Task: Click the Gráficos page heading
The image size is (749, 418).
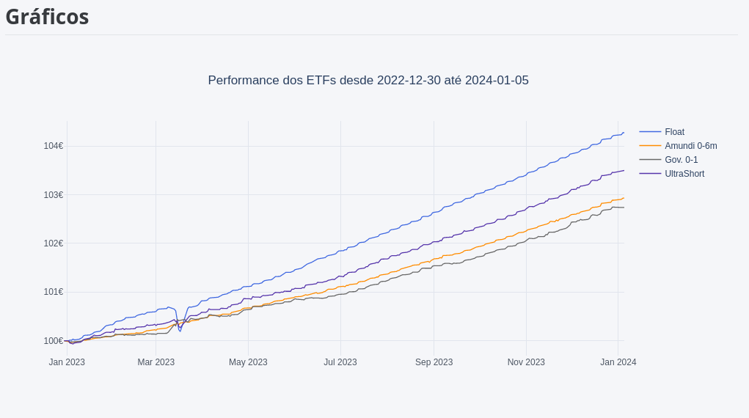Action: pyautogui.click(x=47, y=16)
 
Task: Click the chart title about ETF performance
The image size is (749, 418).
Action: pyautogui.click(x=368, y=81)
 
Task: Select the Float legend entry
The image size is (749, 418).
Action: pyautogui.click(x=674, y=132)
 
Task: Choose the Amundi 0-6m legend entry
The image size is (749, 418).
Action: pyautogui.click(x=690, y=146)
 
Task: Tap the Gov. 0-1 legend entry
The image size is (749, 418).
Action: pyautogui.click(x=681, y=160)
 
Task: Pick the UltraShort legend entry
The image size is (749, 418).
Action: pyautogui.click(x=684, y=174)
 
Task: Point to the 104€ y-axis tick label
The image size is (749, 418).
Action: pyautogui.click(x=53, y=146)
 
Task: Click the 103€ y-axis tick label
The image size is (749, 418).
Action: pyautogui.click(x=53, y=195)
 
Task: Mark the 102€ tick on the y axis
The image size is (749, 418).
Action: pyautogui.click(x=53, y=243)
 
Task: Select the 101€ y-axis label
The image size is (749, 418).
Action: pyautogui.click(x=53, y=292)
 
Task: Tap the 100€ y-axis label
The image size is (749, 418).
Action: pyautogui.click(x=53, y=341)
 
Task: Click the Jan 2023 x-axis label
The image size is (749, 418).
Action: pyautogui.click(x=67, y=362)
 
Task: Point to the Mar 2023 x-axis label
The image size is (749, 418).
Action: pyautogui.click(x=156, y=362)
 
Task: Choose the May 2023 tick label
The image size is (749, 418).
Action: pyautogui.click(x=248, y=362)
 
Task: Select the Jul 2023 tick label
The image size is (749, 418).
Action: pyautogui.click(x=340, y=362)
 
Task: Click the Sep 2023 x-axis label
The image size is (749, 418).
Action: pyautogui.click(x=434, y=362)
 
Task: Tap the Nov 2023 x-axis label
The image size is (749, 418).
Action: pyautogui.click(x=526, y=362)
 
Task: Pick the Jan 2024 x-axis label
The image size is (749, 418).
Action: pyautogui.click(x=618, y=362)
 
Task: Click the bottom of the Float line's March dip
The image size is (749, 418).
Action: pyautogui.click(x=180, y=331)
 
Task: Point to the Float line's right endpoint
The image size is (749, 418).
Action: pyautogui.click(x=624, y=133)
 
